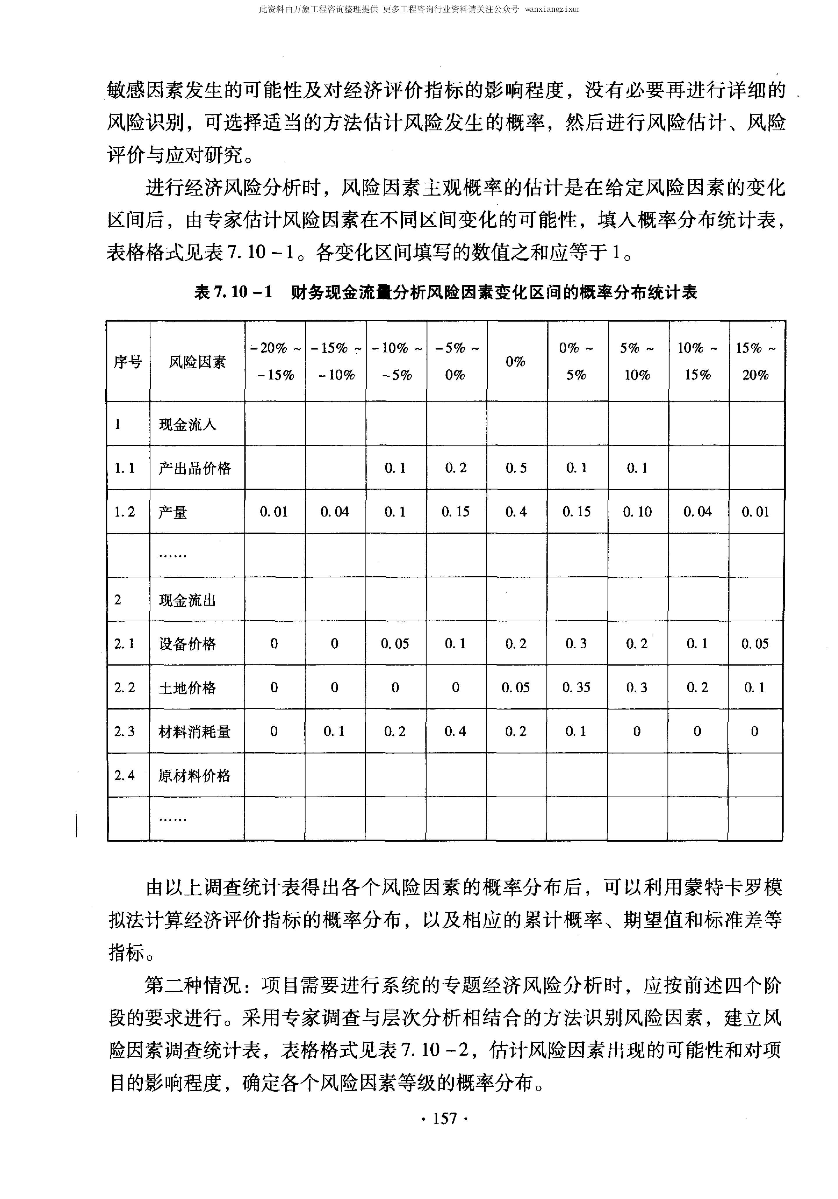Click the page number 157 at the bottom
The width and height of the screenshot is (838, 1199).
point(445,1118)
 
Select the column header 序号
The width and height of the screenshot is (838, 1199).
point(128,361)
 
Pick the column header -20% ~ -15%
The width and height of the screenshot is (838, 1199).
point(275,361)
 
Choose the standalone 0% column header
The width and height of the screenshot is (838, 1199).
point(515,361)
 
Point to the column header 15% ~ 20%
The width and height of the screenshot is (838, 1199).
point(755,361)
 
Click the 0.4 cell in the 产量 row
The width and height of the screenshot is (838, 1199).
point(516,512)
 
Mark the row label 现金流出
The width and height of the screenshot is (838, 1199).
point(187,600)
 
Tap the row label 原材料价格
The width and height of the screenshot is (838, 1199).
point(195,776)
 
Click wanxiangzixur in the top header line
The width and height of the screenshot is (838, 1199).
point(552,9)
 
